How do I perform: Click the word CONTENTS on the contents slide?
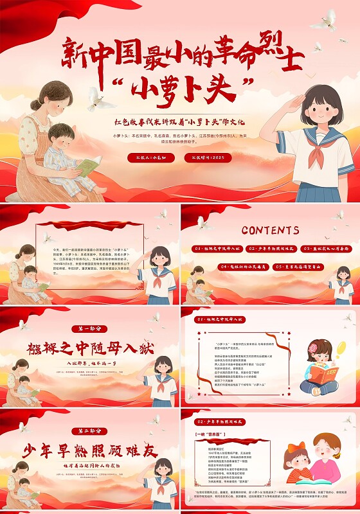(x=270, y=230)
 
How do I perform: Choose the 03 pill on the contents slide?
(x=327, y=248)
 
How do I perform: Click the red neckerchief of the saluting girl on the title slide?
(x=319, y=143)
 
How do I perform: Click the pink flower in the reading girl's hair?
(x=312, y=348)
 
